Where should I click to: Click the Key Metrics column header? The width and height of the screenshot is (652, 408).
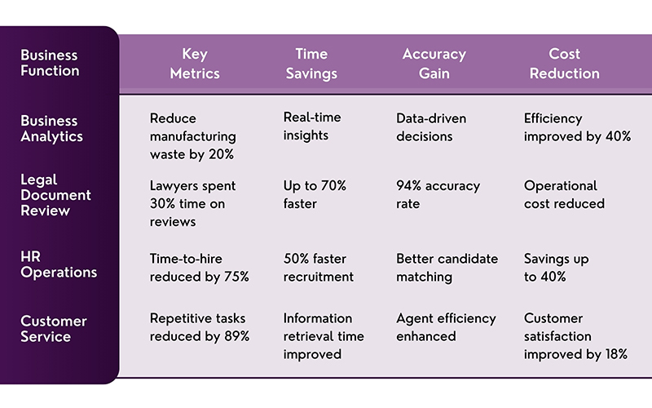tap(195, 64)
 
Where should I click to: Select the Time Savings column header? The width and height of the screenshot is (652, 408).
tap(311, 64)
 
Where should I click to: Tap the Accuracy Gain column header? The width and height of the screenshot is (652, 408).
tap(434, 64)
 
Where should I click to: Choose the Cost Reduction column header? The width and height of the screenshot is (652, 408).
tap(564, 64)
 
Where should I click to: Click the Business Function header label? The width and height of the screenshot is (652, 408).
tap(50, 64)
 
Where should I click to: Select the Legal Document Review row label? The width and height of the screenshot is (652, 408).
tap(56, 194)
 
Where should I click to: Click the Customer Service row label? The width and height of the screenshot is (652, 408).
tap(53, 328)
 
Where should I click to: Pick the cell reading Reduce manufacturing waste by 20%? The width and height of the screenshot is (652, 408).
tap(192, 136)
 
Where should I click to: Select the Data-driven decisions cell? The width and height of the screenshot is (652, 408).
tap(431, 127)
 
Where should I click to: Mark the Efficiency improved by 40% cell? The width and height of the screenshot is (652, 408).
tap(577, 127)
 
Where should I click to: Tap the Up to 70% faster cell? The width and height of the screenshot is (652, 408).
tap(315, 194)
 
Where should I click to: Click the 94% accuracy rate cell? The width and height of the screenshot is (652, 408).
tap(438, 194)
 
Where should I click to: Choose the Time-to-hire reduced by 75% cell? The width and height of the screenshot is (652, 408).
tap(199, 268)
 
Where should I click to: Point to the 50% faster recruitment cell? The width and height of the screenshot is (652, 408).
tap(318, 268)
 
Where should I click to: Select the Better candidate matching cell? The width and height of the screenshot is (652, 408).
tap(447, 268)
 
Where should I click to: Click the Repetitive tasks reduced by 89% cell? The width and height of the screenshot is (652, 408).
tap(199, 326)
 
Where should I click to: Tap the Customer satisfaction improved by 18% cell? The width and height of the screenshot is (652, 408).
tap(575, 335)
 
